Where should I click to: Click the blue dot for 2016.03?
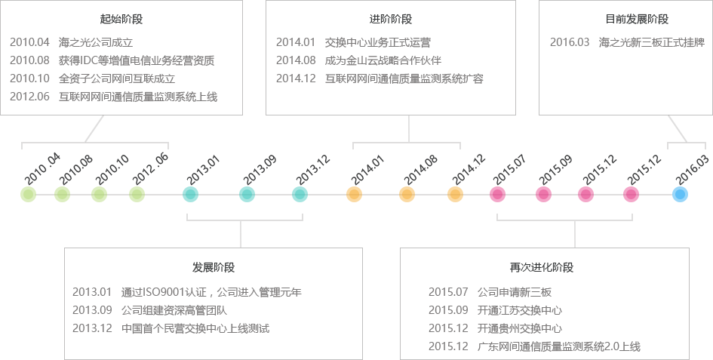(680, 195)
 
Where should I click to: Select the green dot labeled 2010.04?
(28, 195)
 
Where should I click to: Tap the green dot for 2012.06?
(137, 195)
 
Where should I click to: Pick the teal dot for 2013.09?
(247, 195)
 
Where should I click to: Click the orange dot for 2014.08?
(407, 195)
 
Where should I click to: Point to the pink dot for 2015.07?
(497, 195)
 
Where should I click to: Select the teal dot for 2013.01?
(190, 195)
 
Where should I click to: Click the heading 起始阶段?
(121, 19)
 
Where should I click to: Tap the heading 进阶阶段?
(391, 19)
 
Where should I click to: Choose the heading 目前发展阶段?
(637, 19)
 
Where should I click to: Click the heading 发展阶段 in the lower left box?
(214, 267)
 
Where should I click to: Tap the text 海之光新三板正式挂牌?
(646, 42)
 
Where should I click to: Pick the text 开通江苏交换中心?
(519, 309)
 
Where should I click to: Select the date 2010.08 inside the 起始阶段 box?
(29, 60)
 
